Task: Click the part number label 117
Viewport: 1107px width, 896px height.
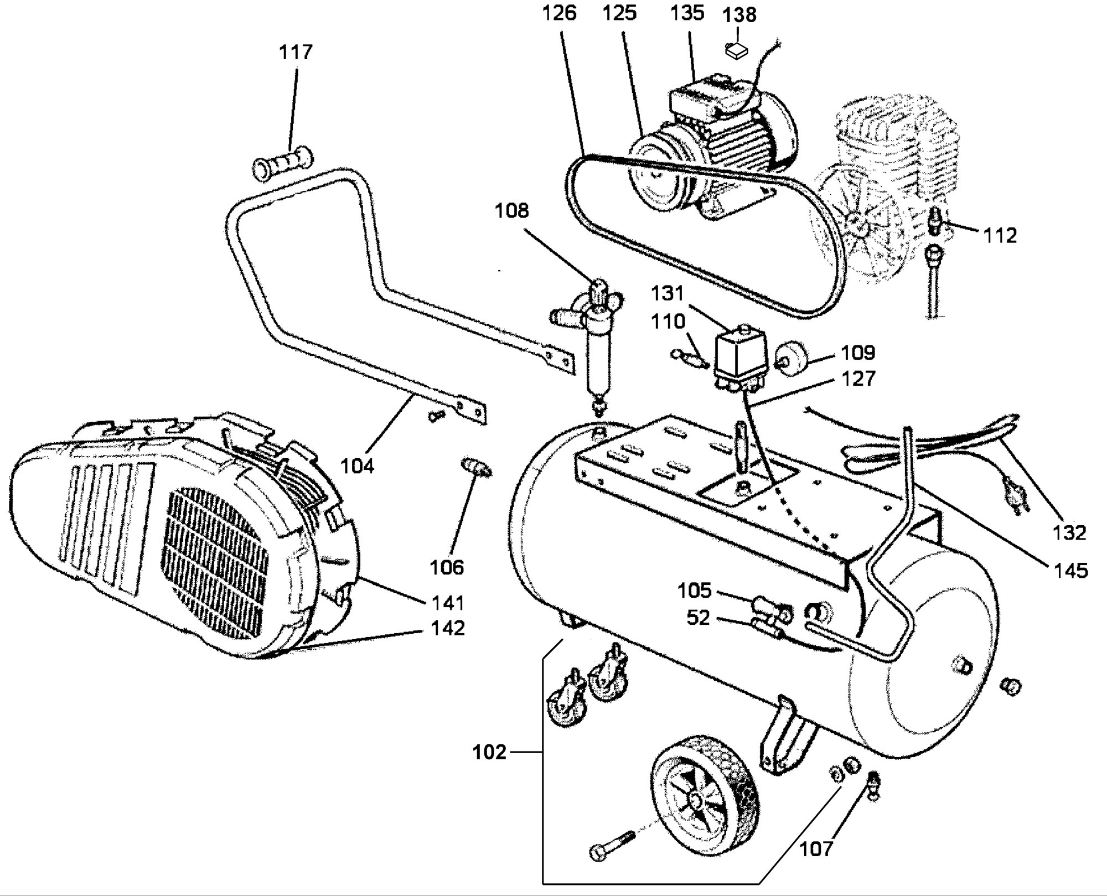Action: click(x=296, y=53)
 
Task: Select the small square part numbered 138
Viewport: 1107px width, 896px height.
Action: click(x=736, y=50)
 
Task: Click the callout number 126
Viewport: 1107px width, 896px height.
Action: click(x=560, y=13)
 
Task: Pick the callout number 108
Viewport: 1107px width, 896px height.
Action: click(x=512, y=211)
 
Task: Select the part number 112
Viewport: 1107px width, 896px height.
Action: click(x=1000, y=236)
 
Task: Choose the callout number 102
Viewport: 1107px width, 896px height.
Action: click(x=490, y=753)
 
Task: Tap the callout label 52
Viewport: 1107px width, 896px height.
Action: click(x=698, y=618)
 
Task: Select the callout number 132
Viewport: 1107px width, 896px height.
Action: click(x=1070, y=532)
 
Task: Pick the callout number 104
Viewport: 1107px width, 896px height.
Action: click(x=357, y=466)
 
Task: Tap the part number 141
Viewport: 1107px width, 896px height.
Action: click(x=448, y=602)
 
